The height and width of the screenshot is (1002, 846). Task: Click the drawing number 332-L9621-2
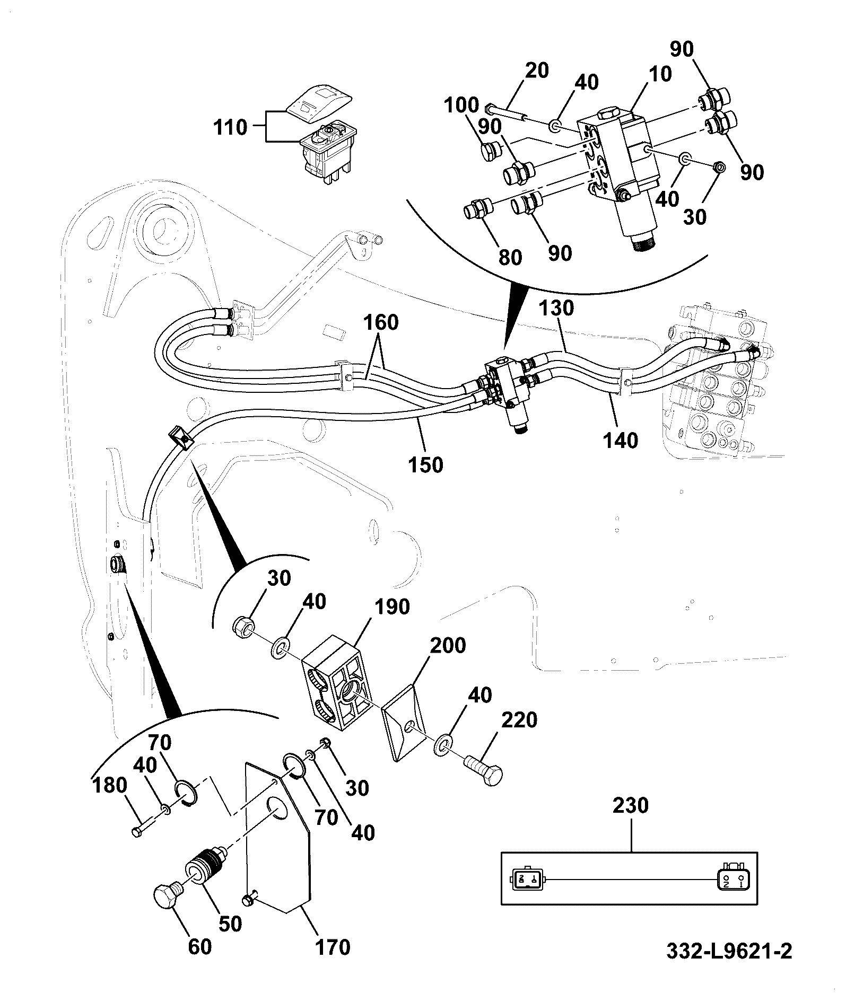point(729,966)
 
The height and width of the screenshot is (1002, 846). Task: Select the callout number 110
point(230,128)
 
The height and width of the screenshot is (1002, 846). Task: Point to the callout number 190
point(392,607)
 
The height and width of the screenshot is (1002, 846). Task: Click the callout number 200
point(448,645)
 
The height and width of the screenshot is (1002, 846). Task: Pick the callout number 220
point(519,720)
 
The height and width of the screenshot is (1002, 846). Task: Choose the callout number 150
point(425,464)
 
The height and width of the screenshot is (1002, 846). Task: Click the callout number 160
point(381,322)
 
